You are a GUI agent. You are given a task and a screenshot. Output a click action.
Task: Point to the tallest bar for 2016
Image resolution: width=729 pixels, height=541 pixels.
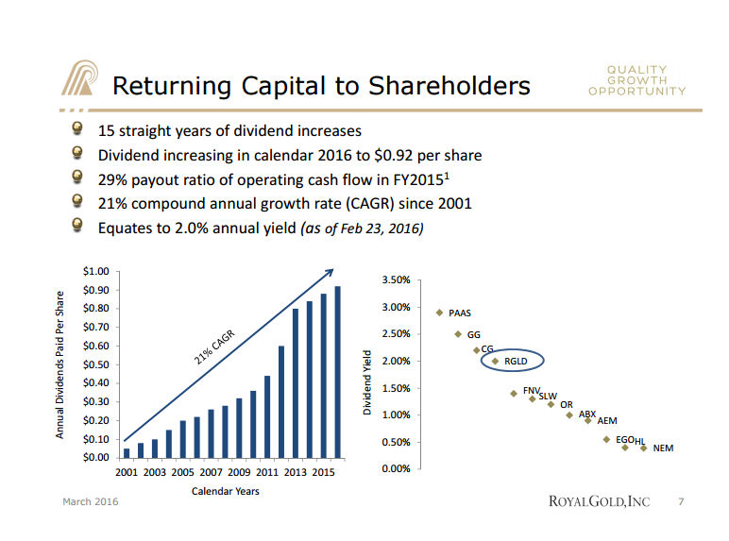click(338, 371)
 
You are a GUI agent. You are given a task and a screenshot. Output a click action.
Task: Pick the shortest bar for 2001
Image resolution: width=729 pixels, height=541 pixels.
click(127, 452)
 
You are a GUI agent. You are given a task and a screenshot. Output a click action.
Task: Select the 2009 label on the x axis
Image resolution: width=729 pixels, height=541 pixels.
click(239, 472)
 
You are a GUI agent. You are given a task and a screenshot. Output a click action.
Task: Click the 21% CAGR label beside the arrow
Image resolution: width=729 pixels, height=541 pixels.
click(215, 347)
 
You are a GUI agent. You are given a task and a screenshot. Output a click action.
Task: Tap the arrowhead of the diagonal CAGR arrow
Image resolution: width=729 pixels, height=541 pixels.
click(331, 272)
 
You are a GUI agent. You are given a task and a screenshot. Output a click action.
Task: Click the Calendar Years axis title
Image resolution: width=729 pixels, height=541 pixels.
click(226, 491)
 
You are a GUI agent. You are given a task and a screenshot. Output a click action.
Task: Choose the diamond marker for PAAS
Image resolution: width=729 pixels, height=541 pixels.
click(439, 313)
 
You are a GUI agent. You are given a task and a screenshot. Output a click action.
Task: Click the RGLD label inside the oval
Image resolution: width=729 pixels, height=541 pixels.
click(516, 361)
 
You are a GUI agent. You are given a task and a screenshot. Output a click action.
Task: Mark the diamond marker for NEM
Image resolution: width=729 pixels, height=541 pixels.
click(644, 448)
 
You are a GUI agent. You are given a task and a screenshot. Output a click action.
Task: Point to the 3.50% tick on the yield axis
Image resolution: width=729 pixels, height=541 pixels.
click(395, 280)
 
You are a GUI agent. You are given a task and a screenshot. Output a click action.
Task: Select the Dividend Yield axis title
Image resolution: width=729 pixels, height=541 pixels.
click(369, 381)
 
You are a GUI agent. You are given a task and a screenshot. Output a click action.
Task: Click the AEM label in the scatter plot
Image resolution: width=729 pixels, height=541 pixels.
click(607, 421)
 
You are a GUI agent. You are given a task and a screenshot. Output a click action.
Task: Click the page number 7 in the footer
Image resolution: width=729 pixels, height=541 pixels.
click(681, 501)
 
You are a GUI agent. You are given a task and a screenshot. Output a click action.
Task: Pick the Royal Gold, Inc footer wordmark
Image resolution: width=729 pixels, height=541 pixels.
click(599, 501)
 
